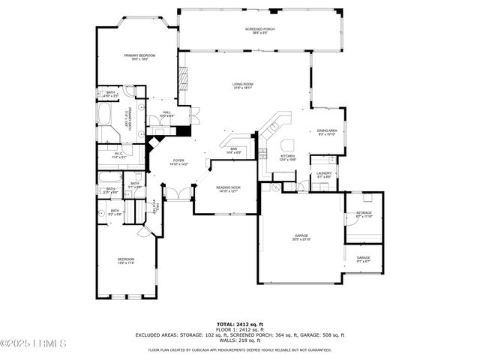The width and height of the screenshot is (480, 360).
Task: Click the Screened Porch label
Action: point(259,31)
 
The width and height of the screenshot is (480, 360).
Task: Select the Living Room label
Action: point(243,86)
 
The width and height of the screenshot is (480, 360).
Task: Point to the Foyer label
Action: point(178,161)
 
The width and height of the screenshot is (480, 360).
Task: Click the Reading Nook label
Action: point(228,189)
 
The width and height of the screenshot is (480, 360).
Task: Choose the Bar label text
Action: point(233,151)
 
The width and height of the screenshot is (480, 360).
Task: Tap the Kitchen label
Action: point(288,157)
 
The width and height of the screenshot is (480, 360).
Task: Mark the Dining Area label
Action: point(326,132)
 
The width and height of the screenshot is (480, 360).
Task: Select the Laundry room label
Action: point(324,175)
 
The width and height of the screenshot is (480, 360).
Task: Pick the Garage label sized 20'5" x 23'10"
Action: point(301,238)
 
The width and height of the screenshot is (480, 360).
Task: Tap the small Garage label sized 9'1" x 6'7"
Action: point(364,259)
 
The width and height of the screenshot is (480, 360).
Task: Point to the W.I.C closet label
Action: point(119,156)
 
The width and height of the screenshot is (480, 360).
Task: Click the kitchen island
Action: point(287,145)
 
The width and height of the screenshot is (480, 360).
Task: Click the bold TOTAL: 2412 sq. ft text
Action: point(239,323)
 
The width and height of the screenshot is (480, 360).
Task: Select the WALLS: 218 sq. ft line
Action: point(239,340)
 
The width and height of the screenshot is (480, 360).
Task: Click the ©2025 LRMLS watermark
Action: point(34,344)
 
